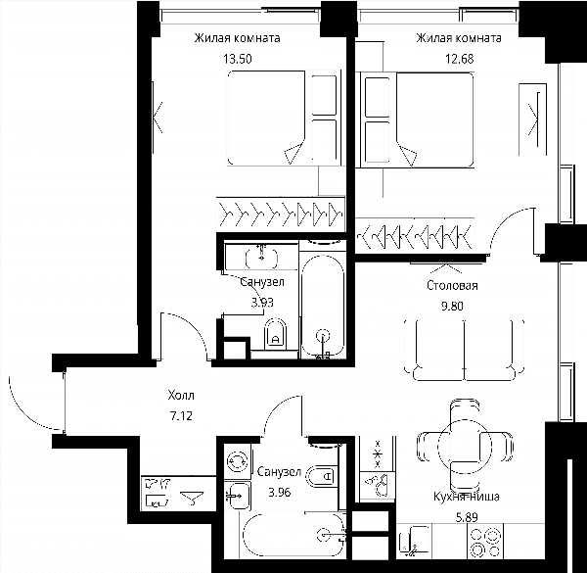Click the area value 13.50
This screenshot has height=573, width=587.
238,59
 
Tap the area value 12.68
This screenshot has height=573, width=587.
460,59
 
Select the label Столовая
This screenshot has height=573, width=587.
452,286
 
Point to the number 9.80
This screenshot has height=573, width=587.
452,307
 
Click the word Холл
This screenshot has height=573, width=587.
181,396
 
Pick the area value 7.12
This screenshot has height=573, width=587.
181,416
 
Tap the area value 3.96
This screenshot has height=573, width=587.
280,492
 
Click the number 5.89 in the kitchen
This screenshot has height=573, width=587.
467,518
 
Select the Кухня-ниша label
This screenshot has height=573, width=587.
467,497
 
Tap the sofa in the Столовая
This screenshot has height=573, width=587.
464,350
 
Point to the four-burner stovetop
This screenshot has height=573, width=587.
486,541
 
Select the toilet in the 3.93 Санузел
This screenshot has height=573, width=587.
275,334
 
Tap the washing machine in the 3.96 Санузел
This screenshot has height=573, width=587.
238,461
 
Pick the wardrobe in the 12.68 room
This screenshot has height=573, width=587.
415,236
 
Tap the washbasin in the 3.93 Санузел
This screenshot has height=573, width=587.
261,257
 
